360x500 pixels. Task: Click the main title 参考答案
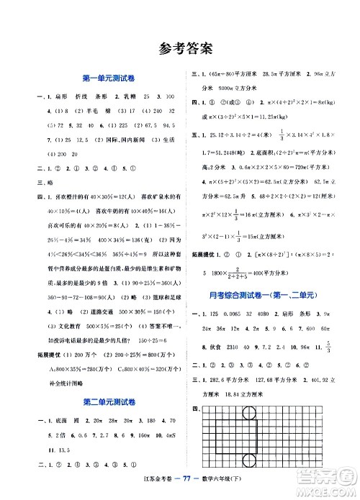[180, 50]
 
